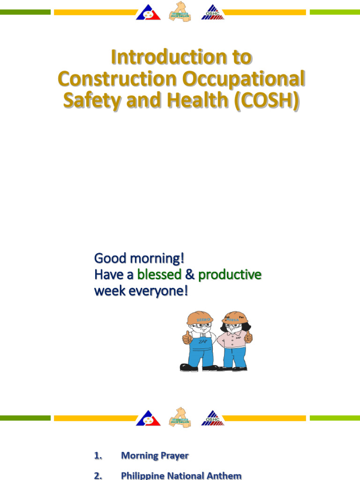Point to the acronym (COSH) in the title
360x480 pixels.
coord(269,102)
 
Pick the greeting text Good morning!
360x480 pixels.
coord(139,258)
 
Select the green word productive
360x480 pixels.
coord(230,275)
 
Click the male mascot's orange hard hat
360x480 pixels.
coord(199,318)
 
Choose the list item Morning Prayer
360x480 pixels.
coord(155,455)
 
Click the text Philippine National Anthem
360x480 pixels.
coord(181,475)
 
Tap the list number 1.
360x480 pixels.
coord(98,455)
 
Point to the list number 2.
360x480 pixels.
coord(98,475)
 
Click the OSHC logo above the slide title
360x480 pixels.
coord(213,13)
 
